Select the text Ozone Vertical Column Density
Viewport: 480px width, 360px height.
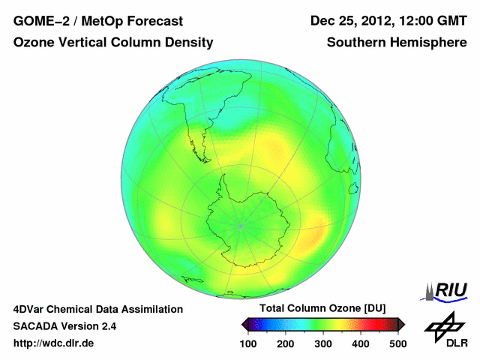pyautogui.click(x=113, y=43)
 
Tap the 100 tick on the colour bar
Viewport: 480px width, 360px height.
pyautogui.click(x=248, y=343)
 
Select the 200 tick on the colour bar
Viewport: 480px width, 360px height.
pyautogui.click(x=286, y=343)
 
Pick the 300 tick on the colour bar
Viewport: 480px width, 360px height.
pyautogui.click(x=323, y=343)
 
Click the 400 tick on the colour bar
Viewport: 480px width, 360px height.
pyautogui.click(x=361, y=343)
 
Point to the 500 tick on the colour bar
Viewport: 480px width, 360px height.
pyautogui.click(x=397, y=343)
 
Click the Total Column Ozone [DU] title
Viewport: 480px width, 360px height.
pyautogui.click(x=322, y=308)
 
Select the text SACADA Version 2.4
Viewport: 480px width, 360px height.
pyautogui.click(x=64, y=326)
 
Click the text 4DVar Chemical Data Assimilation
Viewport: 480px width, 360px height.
pyautogui.click(x=97, y=309)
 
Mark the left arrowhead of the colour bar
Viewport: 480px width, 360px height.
pyautogui.click(x=244, y=324)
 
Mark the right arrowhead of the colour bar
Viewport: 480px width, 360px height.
pyautogui.click(x=401, y=324)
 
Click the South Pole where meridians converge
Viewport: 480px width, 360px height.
pyautogui.click(x=240, y=224)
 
